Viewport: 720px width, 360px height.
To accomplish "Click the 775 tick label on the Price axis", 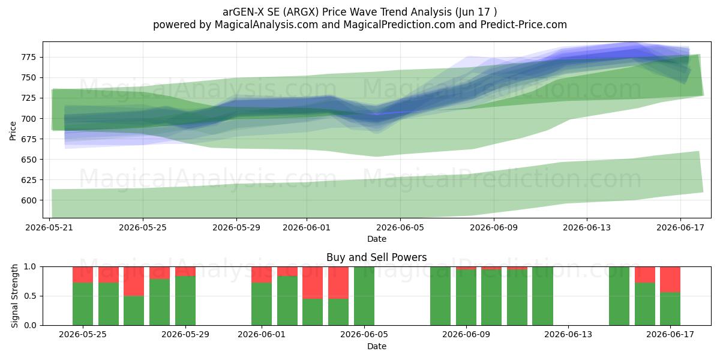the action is (29, 57).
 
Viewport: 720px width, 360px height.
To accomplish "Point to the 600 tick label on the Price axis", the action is (29, 200).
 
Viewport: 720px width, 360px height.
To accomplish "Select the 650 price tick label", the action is (29, 160).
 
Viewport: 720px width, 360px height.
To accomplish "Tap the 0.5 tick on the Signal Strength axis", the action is (30, 296).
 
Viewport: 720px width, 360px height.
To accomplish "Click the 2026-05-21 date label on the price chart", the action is (49, 227).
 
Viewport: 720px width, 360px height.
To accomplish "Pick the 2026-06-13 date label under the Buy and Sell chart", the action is (568, 335).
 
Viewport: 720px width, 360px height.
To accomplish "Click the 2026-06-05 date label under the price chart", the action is (400, 227).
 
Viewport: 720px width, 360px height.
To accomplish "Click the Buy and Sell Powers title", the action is (376, 257).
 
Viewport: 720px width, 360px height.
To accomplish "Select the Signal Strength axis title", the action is (14, 296).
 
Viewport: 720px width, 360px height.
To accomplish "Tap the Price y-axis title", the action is (13, 131).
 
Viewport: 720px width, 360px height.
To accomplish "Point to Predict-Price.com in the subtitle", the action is (524, 25).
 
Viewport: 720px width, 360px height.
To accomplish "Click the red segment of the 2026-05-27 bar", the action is (134, 281).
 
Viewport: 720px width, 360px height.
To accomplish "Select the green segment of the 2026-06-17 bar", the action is (670, 309).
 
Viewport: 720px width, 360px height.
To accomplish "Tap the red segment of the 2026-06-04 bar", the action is (338, 283).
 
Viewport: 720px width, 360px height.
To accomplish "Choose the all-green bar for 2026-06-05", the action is (364, 296).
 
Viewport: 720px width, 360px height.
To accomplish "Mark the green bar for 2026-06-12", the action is (542, 296).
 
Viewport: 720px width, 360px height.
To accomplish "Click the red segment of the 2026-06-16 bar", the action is (645, 275).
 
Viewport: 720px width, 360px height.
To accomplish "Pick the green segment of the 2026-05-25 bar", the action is (83, 304).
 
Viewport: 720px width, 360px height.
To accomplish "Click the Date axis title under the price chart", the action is (377, 239).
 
